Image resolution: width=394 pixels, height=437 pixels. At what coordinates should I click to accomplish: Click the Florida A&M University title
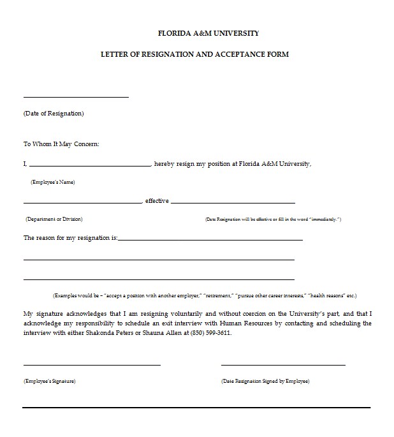coord(208,33)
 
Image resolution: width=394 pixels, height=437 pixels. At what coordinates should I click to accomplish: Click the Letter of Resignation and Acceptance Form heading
coord(194,54)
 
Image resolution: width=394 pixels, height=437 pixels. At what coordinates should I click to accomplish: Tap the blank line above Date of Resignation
coord(76,97)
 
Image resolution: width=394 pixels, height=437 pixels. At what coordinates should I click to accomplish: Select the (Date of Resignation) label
coord(54,114)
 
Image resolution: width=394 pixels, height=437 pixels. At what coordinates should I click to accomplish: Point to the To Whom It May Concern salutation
coord(61,144)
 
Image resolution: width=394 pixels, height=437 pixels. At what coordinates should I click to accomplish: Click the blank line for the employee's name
coord(89,166)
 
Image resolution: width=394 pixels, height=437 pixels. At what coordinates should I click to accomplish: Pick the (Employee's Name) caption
coord(53,182)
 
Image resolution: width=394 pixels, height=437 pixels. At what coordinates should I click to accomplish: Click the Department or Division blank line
coord(83,203)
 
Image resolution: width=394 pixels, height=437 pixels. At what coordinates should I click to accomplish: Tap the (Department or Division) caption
coord(54,219)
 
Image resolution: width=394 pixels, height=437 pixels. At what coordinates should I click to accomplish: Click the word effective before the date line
coord(157,201)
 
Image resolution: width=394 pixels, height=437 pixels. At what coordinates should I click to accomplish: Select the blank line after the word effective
coord(233,203)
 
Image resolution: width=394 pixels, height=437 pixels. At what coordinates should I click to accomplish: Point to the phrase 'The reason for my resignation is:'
coord(71,237)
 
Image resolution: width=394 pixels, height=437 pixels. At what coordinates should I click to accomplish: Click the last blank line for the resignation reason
coord(159,279)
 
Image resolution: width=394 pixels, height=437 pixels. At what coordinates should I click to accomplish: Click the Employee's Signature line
coord(92,365)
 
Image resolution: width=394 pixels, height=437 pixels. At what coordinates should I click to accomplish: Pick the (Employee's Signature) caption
coord(50,381)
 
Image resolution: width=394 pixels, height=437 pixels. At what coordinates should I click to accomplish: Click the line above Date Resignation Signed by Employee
coord(283,365)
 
